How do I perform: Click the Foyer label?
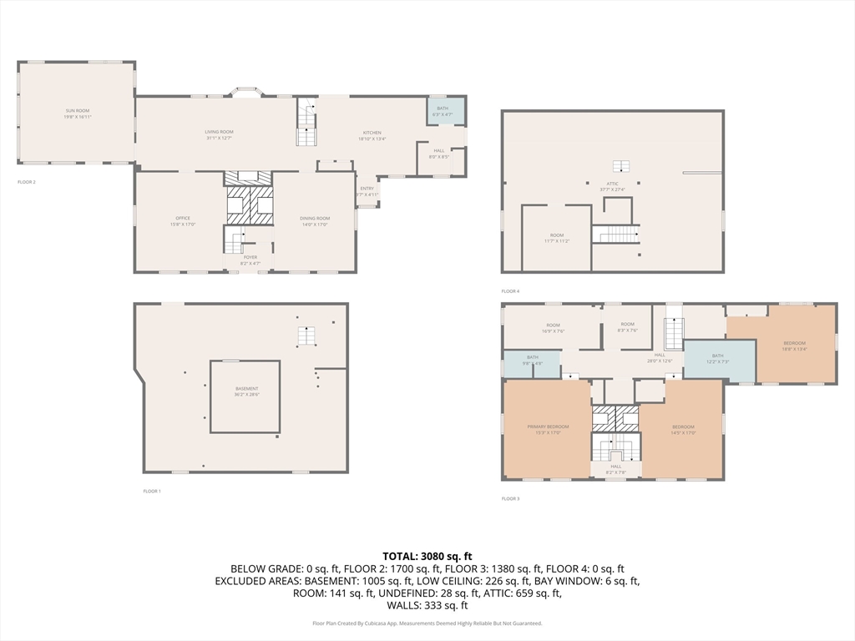coord(250,260)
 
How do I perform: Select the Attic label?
coord(612,186)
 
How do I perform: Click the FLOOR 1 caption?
coord(151,492)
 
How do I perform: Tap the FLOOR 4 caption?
coord(510,291)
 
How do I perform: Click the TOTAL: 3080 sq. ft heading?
coord(427,556)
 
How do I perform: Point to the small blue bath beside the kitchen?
coord(443,111)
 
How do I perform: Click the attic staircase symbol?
coord(619,234)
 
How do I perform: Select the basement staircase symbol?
coord(307,336)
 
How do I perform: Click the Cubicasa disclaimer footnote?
coord(427,623)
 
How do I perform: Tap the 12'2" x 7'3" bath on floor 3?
coord(719,359)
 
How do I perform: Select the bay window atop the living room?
coord(246,91)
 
